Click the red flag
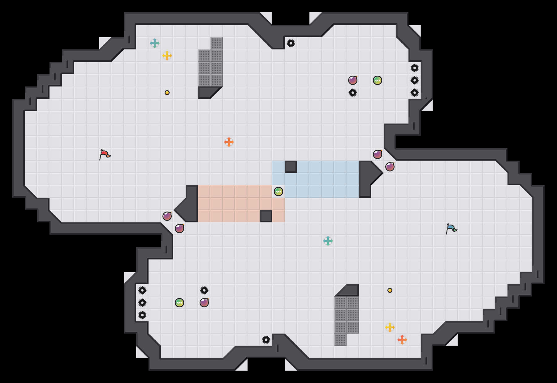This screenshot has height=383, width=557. point(105,154)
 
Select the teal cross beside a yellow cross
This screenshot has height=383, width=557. point(155,43)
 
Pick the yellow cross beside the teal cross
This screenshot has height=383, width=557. point(167,56)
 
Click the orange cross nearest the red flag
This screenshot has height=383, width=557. point(229,142)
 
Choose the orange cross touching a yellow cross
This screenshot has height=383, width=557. point(402,340)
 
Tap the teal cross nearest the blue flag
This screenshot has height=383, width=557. point(328,241)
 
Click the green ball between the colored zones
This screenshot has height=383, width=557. point(278,192)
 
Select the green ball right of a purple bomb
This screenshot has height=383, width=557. point(378,80)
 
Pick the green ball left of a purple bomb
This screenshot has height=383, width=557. point(179,303)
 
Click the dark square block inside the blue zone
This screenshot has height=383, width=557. point(291,167)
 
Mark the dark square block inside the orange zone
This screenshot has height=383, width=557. point(266,216)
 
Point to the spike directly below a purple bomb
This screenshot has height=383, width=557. point(353,93)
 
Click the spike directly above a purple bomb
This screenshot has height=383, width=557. point(204,290)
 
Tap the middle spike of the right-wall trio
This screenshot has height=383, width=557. point(415,80)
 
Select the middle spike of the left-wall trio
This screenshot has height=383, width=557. point(142,303)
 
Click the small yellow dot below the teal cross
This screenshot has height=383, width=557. point(167,93)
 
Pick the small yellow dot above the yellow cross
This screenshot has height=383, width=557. point(390,290)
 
